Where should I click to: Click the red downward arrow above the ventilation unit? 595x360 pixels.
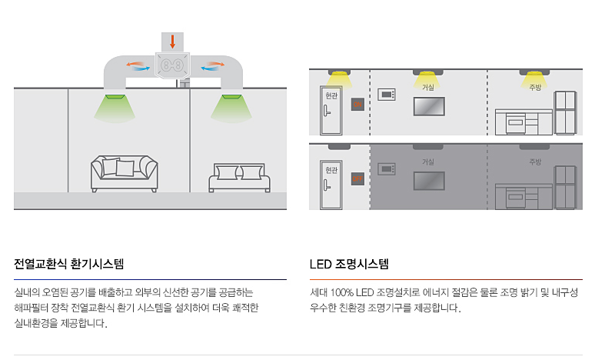172,41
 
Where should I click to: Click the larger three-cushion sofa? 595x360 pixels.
124,173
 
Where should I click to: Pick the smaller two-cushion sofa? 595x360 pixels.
240,178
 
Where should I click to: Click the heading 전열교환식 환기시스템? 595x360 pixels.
68,264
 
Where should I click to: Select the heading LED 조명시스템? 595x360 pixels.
349,264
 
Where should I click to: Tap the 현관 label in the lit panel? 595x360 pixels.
331,97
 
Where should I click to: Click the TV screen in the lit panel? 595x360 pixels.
429,106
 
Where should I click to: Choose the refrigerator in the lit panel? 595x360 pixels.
565,112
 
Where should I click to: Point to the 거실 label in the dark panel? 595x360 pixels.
428,162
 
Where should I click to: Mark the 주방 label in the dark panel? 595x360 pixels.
535,162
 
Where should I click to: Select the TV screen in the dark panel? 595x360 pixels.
429,181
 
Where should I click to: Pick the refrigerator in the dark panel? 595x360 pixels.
565,186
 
